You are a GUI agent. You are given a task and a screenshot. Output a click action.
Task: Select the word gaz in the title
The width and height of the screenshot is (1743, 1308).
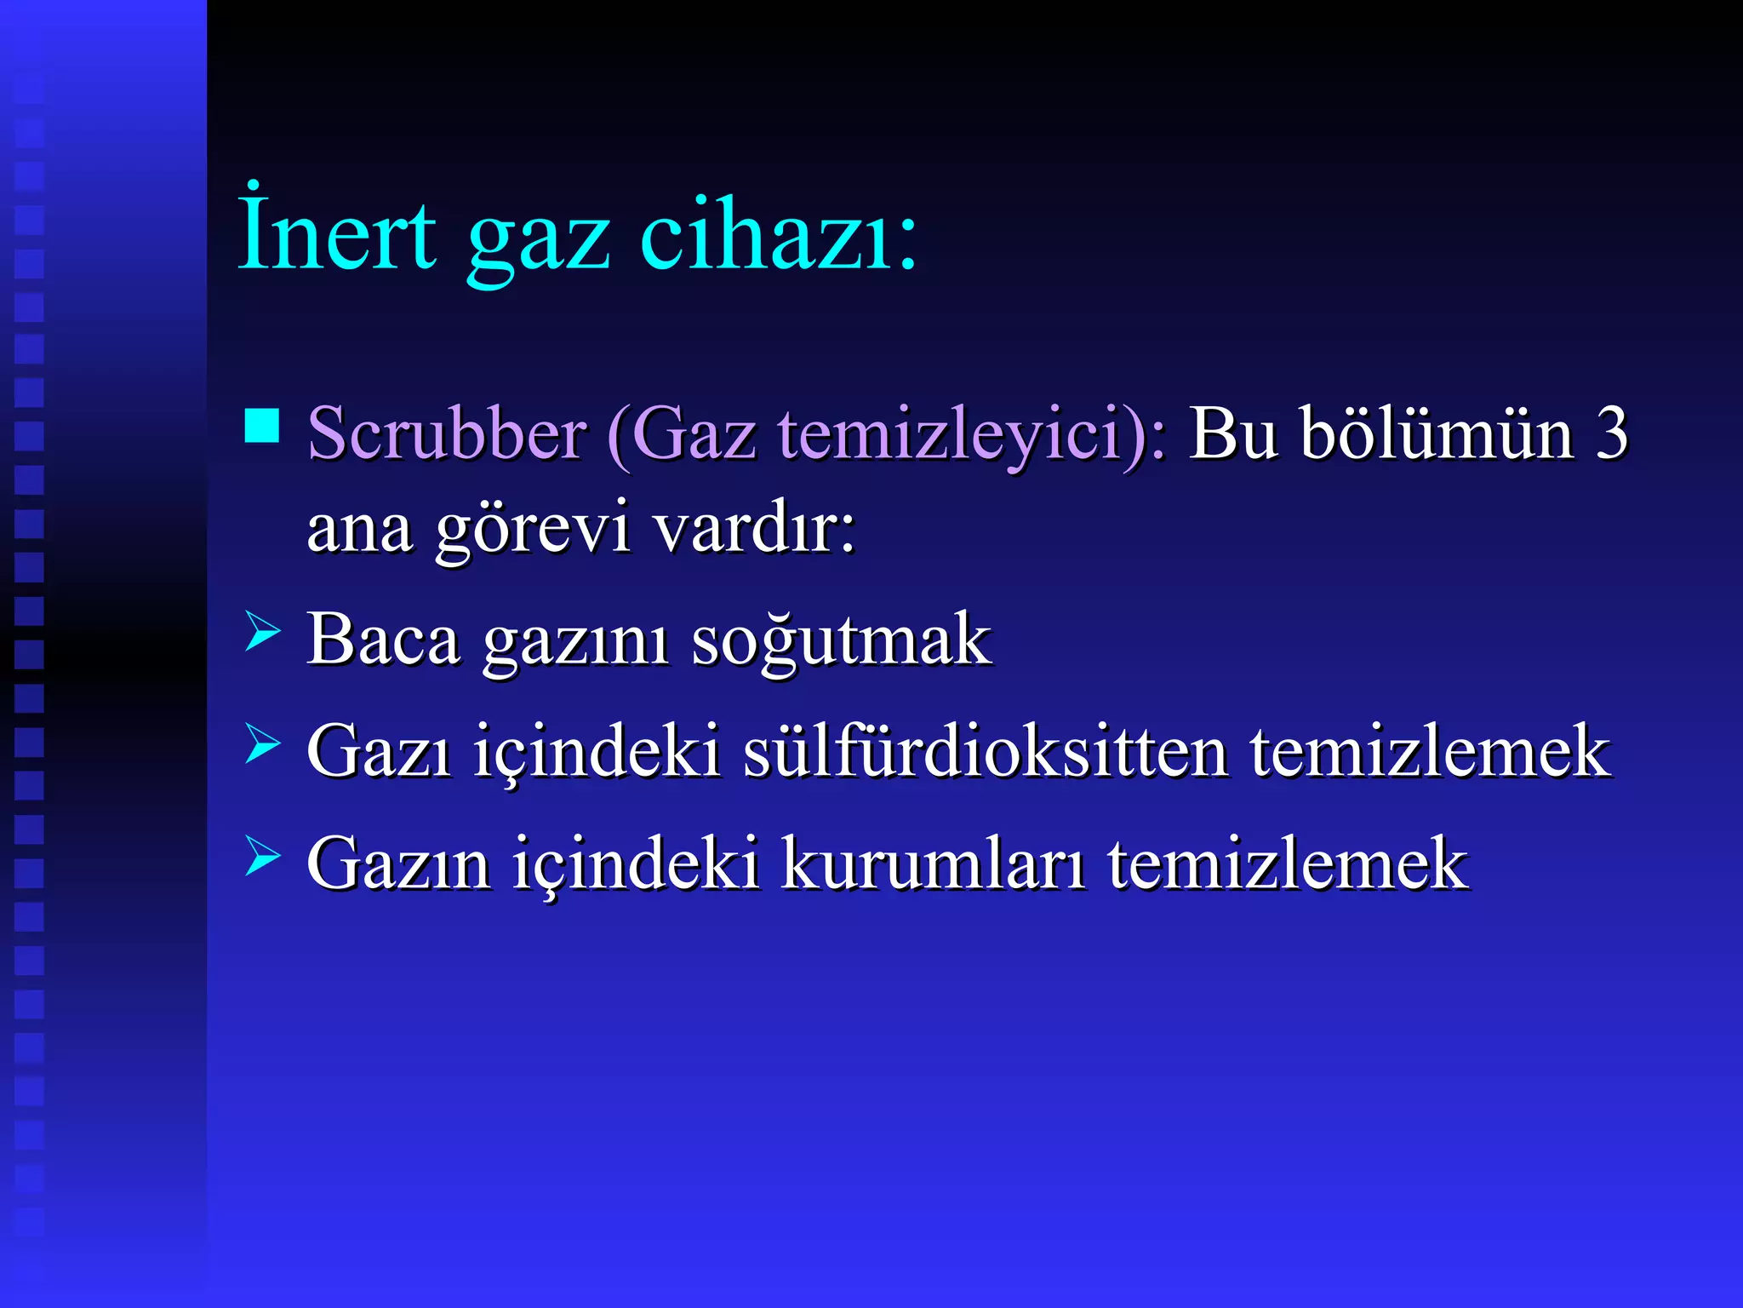coord(538,238)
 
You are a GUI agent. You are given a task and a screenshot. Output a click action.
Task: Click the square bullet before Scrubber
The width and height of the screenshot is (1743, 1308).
coord(261,426)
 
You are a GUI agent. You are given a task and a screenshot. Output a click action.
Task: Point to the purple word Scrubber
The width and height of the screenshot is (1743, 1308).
coord(447,434)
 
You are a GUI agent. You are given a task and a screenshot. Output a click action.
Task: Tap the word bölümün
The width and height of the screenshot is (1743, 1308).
coord(1438,434)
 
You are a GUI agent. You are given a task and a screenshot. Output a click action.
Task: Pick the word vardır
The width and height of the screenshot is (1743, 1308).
coord(754,528)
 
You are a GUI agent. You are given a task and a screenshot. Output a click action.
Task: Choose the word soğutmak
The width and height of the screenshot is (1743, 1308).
coord(841,640)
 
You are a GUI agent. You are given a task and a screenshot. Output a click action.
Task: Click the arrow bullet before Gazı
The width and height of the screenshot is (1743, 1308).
coord(261,743)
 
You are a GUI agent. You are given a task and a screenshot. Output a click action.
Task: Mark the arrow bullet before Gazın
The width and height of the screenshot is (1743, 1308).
coord(261,856)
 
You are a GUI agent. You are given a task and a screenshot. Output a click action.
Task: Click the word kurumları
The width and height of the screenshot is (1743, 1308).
coord(933,864)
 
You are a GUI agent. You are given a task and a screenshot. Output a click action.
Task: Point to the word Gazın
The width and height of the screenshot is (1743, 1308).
coord(398,864)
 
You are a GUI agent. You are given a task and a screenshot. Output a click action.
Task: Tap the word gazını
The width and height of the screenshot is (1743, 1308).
coord(576,643)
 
